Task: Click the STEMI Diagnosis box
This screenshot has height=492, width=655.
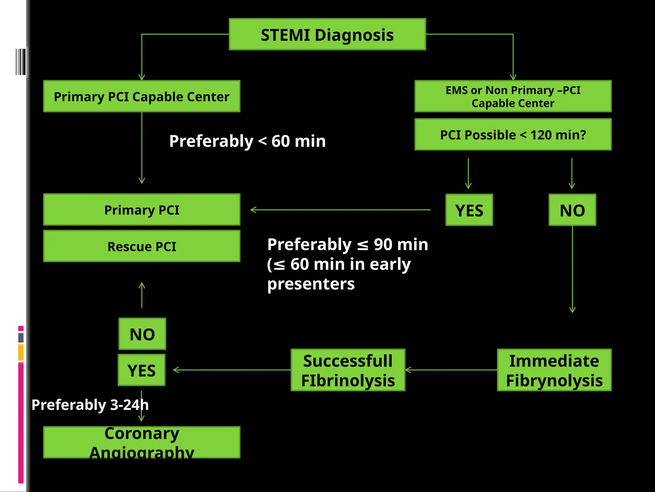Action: coord(327,34)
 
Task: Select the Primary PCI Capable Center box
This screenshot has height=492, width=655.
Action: coord(142,96)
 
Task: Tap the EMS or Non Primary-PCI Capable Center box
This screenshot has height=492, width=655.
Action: coord(513,96)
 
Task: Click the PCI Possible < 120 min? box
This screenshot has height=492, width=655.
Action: coord(513,135)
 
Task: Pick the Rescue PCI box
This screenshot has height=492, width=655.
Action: coord(142,246)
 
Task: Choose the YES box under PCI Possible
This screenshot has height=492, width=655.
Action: coord(469,210)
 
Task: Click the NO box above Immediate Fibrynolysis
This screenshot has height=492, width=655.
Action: coord(572,210)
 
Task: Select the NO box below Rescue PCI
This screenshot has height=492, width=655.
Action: coord(142,334)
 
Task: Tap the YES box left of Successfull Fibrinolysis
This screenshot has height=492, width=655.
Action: coord(142,370)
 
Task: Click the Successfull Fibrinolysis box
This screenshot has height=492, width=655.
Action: coord(348,370)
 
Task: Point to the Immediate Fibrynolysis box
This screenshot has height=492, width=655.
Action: coord(554,370)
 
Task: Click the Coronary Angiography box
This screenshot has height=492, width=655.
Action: coord(142,442)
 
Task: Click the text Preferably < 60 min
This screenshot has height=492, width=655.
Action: coord(247,141)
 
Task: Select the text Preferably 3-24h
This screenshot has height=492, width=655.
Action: coord(90,405)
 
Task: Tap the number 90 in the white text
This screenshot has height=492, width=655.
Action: coord(383,245)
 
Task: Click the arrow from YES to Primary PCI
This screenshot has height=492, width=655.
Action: coord(340,210)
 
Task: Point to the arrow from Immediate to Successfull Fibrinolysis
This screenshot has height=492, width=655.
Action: coord(451,370)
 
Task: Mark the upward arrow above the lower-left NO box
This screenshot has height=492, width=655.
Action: coord(142,295)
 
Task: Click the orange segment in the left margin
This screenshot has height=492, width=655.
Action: coord(21,352)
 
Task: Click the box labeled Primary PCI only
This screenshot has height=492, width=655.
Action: coord(142,210)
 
